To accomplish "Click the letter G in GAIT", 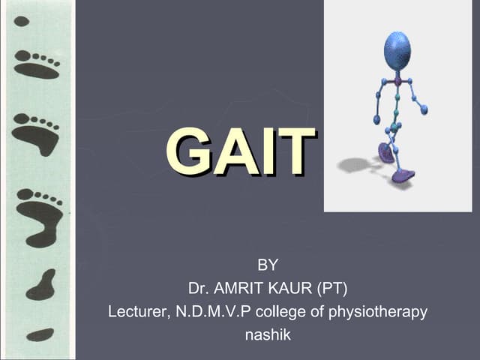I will [x=188, y=152].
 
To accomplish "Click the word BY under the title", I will [x=268, y=264].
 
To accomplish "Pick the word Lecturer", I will [x=136, y=311].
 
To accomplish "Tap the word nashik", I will [x=268, y=334].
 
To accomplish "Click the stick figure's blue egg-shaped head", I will [x=397, y=50].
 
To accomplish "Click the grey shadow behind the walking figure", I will [x=355, y=164].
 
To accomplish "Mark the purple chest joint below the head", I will [x=397, y=80].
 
